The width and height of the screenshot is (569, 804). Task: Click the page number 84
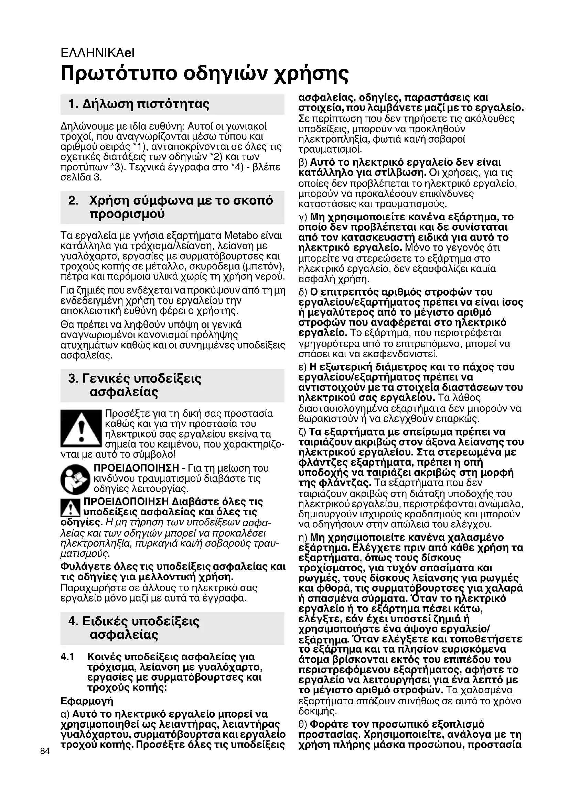[x=45, y=751]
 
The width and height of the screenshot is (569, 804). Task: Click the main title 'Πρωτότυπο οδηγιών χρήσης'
[x=205, y=73]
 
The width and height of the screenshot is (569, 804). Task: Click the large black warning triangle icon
[x=81, y=429]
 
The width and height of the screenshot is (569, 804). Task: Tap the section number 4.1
[x=67, y=657]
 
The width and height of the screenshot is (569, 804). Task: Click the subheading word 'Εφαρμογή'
[x=87, y=701]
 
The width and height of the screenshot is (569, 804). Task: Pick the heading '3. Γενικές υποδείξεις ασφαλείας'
[x=135, y=385]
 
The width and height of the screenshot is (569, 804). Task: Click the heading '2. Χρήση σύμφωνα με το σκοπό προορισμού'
[x=171, y=207]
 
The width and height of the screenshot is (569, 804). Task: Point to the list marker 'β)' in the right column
[x=303, y=163]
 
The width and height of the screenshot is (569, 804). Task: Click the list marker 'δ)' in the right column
[x=303, y=292]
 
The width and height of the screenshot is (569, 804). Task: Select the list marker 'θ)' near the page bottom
[x=303, y=724]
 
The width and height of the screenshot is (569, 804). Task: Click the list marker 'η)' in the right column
[x=303, y=538]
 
